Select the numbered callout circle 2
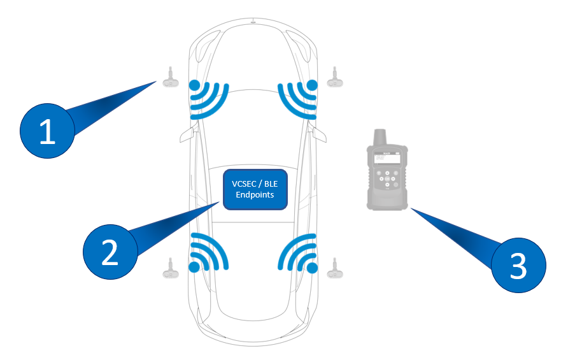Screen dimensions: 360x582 point(110,252)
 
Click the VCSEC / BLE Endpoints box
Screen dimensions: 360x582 point(255,189)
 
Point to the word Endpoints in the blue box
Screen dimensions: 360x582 point(255,194)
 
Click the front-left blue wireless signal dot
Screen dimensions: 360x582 point(194,85)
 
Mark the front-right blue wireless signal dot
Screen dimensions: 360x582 point(312,85)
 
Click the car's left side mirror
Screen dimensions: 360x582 point(186,134)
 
